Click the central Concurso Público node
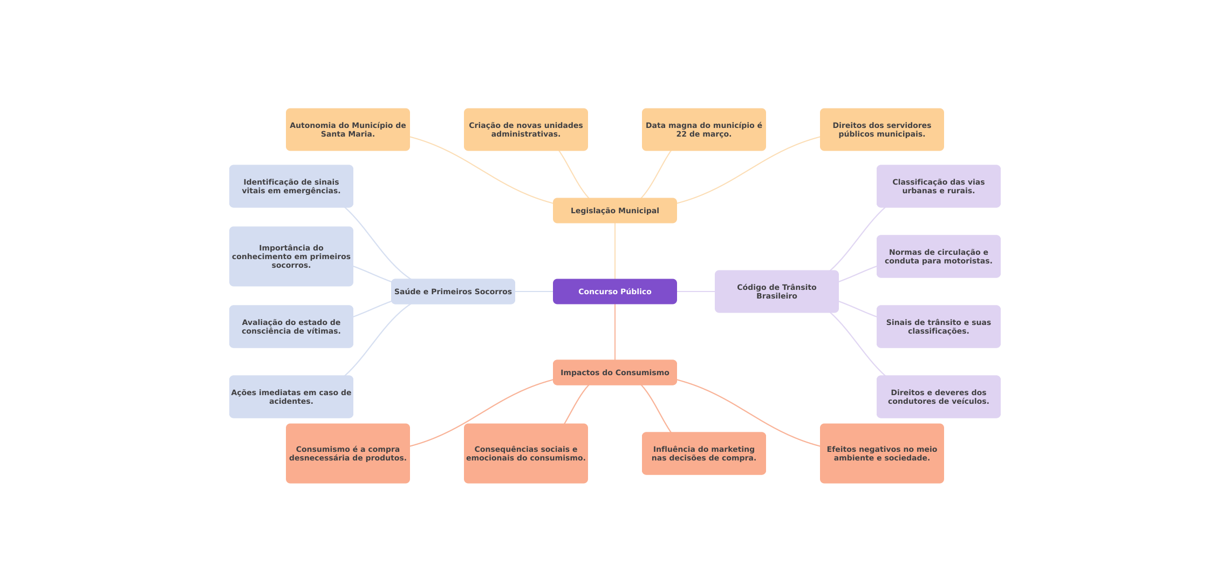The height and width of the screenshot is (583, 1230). (x=615, y=291)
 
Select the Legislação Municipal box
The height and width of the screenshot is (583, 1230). (x=615, y=211)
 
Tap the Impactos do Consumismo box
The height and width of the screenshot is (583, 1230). (x=615, y=372)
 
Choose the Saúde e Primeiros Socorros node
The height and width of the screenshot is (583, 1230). (x=453, y=291)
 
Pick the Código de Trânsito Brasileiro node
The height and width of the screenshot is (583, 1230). (x=777, y=291)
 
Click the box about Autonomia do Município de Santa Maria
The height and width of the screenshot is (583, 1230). (x=348, y=130)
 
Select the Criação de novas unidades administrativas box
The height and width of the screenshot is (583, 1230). (x=526, y=130)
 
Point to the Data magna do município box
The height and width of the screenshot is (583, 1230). (x=704, y=130)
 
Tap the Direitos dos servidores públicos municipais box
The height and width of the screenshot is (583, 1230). (x=882, y=130)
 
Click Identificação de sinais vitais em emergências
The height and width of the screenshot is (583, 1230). (x=291, y=186)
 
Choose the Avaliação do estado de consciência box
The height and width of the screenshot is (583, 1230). (x=291, y=327)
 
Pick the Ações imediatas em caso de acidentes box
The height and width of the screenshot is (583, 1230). (x=291, y=397)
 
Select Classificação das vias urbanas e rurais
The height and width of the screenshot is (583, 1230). (x=939, y=186)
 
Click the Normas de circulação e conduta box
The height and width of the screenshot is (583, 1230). (x=939, y=256)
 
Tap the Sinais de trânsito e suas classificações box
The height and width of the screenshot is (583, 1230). (x=939, y=327)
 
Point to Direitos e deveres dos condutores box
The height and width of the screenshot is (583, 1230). (x=939, y=397)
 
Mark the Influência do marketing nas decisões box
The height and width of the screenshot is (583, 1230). (x=704, y=453)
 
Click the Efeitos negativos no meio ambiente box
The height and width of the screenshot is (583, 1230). (x=882, y=453)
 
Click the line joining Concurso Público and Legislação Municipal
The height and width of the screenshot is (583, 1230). (x=615, y=251)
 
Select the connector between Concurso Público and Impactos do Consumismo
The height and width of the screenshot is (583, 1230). (x=615, y=332)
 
